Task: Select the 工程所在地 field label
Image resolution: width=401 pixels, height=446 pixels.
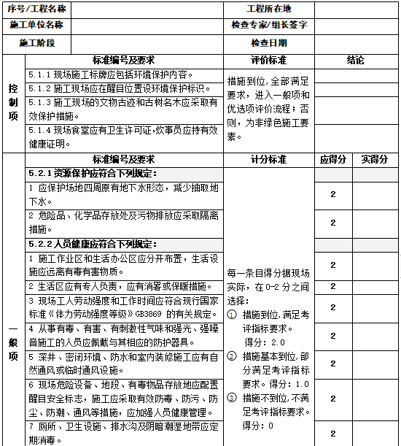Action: coord(269,9)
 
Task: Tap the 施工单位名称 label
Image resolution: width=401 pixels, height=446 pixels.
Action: coord(36,25)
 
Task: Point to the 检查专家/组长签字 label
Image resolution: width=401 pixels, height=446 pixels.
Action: coord(269,25)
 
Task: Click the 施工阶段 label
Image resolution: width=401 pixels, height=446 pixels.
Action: coord(37,43)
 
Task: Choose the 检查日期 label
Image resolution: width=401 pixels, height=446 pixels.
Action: coord(269,43)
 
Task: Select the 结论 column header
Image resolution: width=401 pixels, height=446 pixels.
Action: coord(356,59)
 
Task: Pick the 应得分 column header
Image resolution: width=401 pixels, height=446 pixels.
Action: coord(332,159)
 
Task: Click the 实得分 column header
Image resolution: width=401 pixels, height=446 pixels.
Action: coord(375,159)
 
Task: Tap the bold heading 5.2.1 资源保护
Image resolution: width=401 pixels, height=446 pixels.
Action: coord(93,174)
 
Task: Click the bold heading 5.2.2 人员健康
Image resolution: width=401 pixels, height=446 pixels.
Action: coord(93,244)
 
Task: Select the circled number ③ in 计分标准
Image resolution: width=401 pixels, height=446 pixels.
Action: coord(233,398)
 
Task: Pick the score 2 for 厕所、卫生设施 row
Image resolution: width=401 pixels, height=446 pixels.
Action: coord(332,434)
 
